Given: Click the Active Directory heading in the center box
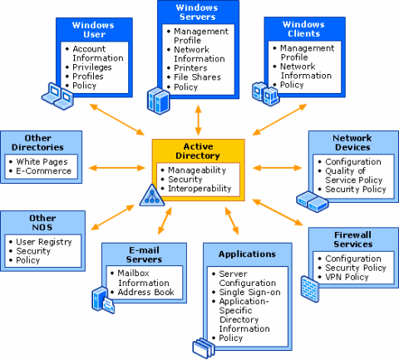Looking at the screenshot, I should (x=199, y=151).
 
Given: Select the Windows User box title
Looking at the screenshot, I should (x=93, y=30).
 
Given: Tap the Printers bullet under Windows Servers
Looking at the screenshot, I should (x=191, y=68).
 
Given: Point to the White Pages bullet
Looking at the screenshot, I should (x=42, y=161).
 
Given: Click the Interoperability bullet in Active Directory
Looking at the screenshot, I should (x=204, y=188).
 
